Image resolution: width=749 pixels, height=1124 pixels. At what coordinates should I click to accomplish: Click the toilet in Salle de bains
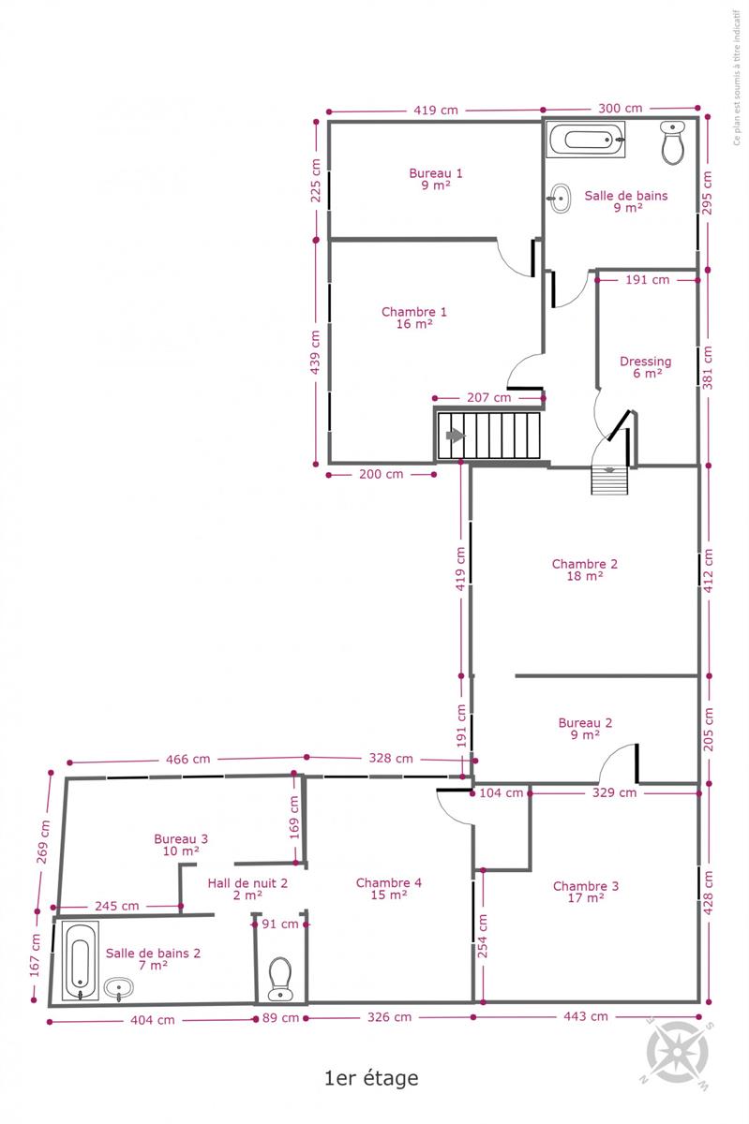(x=672, y=142)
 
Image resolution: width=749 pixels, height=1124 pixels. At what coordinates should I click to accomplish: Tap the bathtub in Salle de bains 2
(x=81, y=961)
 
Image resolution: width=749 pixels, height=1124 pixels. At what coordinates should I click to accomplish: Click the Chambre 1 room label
(x=414, y=318)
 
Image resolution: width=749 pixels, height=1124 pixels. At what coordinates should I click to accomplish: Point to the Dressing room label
(x=646, y=367)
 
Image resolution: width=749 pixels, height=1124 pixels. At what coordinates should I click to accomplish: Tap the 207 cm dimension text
(x=488, y=398)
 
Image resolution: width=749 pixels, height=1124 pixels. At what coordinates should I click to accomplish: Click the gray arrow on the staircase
(x=456, y=436)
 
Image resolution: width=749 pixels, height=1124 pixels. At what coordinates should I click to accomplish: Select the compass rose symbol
(x=677, y=1053)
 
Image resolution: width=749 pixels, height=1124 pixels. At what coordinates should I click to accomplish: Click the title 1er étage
(x=371, y=1078)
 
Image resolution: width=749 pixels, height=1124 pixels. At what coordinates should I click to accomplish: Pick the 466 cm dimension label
(x=187, y=760)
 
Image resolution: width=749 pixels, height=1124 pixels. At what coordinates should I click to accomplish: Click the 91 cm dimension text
(x=279, y=924)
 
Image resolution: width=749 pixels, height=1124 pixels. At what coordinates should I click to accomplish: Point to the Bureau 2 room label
(x=585, y=729)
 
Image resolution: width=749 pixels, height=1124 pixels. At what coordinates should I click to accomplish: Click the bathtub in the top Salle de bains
(x=586, y=139)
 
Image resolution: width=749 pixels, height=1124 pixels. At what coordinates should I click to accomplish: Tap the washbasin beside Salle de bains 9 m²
(x=559, y=199)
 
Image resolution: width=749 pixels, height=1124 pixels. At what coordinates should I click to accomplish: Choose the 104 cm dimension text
(x=501, y=792)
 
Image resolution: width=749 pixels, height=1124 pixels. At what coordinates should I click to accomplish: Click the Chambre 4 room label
(x=389, y=889)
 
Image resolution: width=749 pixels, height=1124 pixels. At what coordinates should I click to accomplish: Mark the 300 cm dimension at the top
(x=620, y=108)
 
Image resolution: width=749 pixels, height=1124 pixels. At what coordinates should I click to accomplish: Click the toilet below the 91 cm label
(x=279, y=979)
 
